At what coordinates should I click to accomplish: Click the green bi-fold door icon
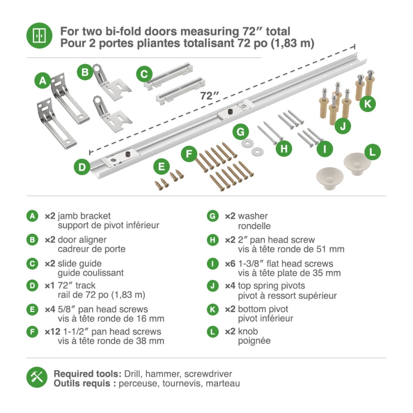pos(39,35)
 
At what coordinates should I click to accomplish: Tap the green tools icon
pos(37,377)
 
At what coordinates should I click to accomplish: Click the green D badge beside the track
pos(82,167)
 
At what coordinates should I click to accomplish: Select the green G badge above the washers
pos(240,132)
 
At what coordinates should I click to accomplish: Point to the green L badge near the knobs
pos(373,152)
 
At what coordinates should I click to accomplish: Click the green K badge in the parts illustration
pos(368,104)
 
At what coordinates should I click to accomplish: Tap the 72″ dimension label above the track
pos(209,95)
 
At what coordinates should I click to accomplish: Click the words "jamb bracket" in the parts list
pos(84,216)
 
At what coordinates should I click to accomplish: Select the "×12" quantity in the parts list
pos(53,332)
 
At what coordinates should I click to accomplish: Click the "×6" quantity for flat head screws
pos(230,264)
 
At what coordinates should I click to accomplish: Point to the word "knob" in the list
pos(248,331)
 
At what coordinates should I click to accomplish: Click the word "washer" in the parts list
pos(253,216)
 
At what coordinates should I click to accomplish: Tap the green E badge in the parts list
pos(33,309)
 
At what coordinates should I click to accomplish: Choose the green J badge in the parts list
pos(213,286)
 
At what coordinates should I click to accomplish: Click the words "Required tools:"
pos(88,374)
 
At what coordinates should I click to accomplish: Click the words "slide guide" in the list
pos(79,264)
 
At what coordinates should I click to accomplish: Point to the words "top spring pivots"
pos(272,286)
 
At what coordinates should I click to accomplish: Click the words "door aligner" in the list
pos(82,240)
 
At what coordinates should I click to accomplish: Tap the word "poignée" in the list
pos(254,341)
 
